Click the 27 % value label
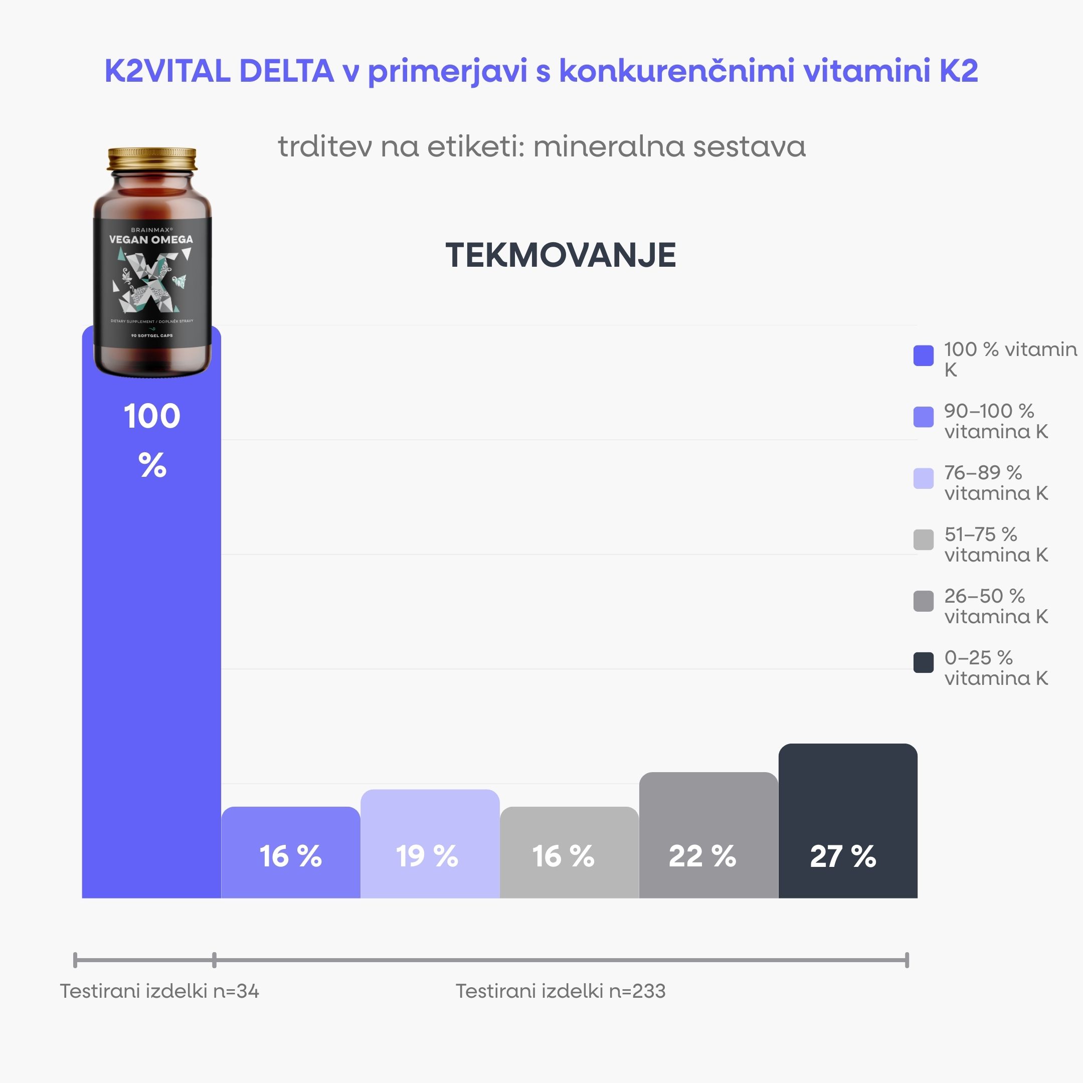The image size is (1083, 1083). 842,856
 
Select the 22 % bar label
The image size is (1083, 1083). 702,856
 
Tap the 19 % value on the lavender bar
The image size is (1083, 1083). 427,856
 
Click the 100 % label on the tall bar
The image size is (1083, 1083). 152,440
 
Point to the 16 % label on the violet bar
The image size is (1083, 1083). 290,856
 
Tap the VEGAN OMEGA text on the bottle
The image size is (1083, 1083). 151,239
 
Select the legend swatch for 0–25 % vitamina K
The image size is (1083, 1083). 923,662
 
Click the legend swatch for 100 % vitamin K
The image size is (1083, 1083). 923,355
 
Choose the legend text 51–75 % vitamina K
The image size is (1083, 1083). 996,545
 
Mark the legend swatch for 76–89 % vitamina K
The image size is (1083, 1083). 923,478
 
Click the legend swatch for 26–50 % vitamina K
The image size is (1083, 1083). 923,601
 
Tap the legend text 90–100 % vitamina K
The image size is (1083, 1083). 996,421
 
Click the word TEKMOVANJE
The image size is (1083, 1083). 561,256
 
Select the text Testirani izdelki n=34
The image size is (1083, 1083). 159,991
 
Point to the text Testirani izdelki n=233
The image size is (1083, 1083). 560,991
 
